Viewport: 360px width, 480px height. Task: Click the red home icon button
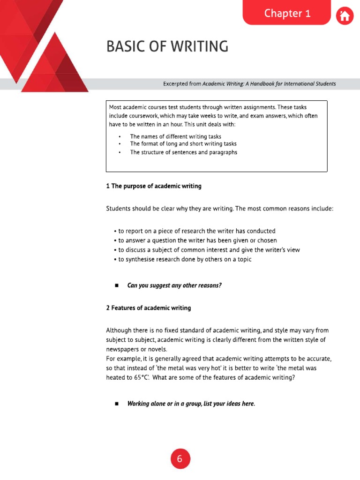pyautogui.click(x=345, y=16)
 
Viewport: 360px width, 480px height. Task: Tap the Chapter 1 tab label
pyautogui.click(x=287, y=14)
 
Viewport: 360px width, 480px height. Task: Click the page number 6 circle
pyautogui.click(x=180, y=459)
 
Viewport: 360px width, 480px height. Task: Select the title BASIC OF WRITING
pyautogui.click(x=167, y=47)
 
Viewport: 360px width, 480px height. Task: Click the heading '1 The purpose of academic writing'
pyautogui.click(x=154, y=186)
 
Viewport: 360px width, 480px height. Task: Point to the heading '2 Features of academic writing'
pyautogui.click(x=149, y=308)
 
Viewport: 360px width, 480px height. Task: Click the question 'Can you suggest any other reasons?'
pyautogui.click(x=174, y=285)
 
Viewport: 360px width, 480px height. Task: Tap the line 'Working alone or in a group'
pyautogui.click(x=191, y=404)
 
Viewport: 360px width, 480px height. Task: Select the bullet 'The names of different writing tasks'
pyautogui.click(x=175, y=136)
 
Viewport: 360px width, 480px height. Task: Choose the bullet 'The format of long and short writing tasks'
pyautogui.click(x=183, y=144)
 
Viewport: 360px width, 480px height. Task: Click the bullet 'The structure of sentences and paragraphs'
pyautogui.click(x=183, y=152)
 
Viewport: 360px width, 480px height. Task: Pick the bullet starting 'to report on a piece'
pyautogui.click(x=196, y=231)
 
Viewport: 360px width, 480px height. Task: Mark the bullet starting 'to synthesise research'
pyautogui.click(x=185, y=259)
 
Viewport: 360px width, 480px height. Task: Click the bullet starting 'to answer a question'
pyautogui.click(x=197, y=240)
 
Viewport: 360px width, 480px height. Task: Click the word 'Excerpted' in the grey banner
pyautogui.click(x=175, y=84)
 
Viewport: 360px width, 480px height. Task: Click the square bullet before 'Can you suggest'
pyautogui.click(x=116, y=285)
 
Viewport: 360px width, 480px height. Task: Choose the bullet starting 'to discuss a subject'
pyautogui.click(x=209, y=250)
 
